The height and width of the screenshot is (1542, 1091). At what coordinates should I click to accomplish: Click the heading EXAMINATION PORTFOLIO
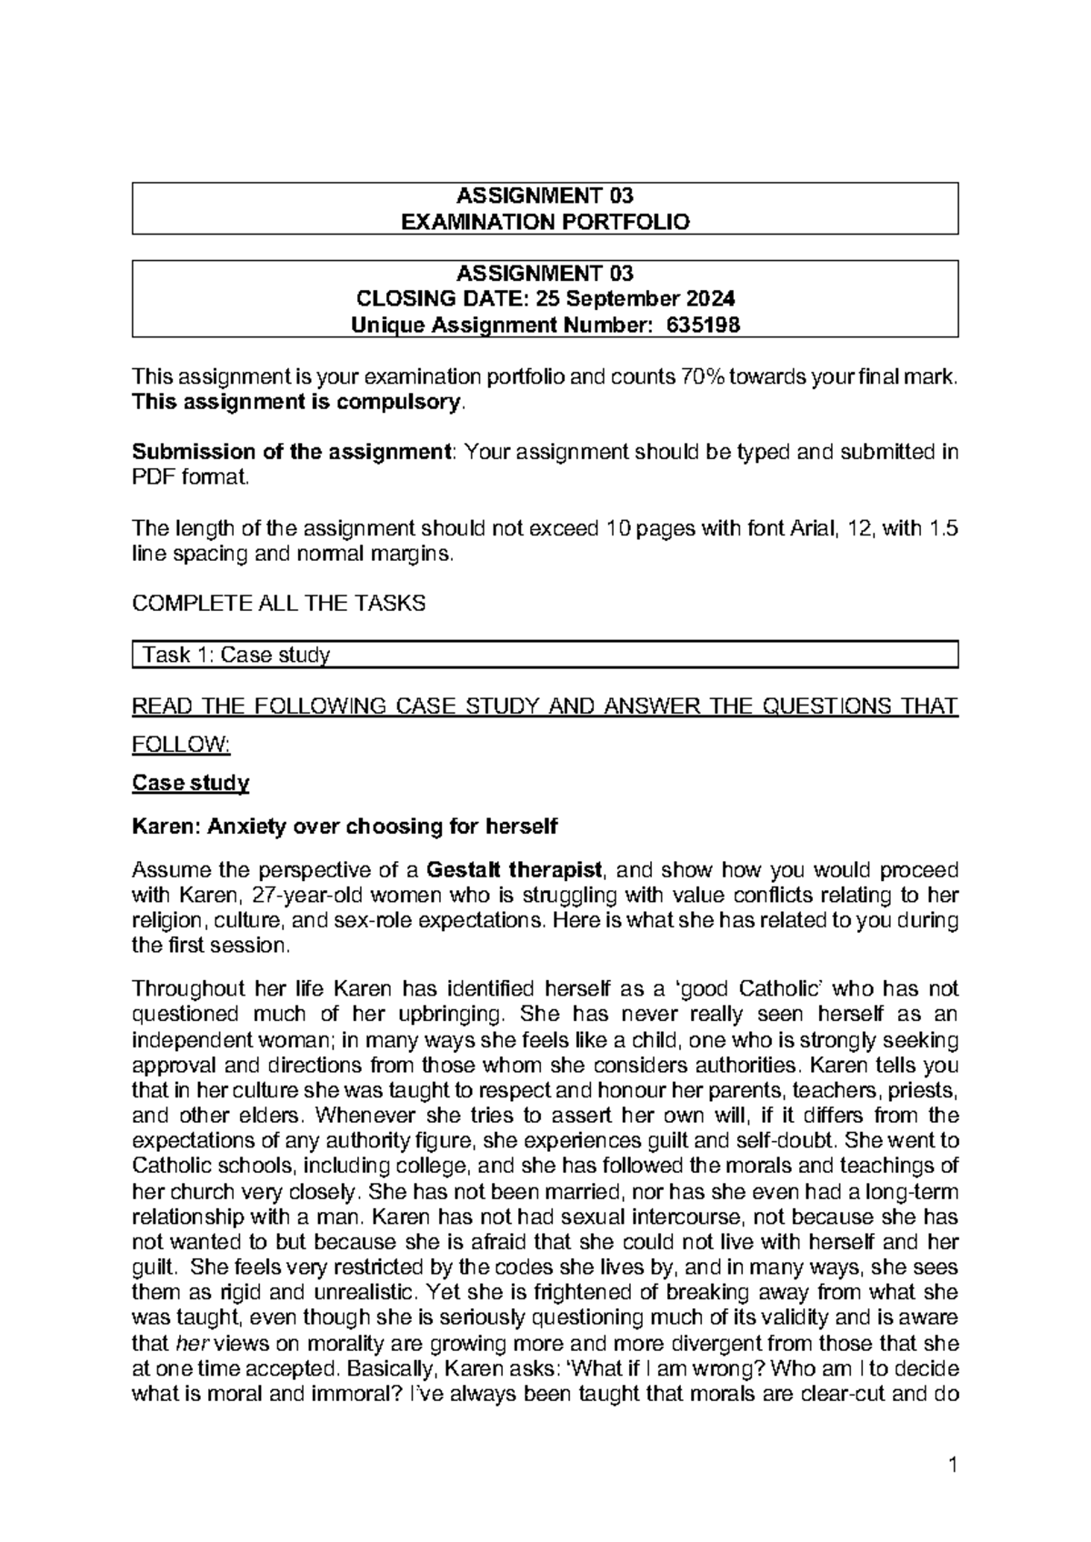coord(545,221)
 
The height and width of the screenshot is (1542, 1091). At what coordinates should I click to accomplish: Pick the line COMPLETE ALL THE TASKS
coord(278,604)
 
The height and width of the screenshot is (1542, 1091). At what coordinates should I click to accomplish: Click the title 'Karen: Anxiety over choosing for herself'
coord(345,826)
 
